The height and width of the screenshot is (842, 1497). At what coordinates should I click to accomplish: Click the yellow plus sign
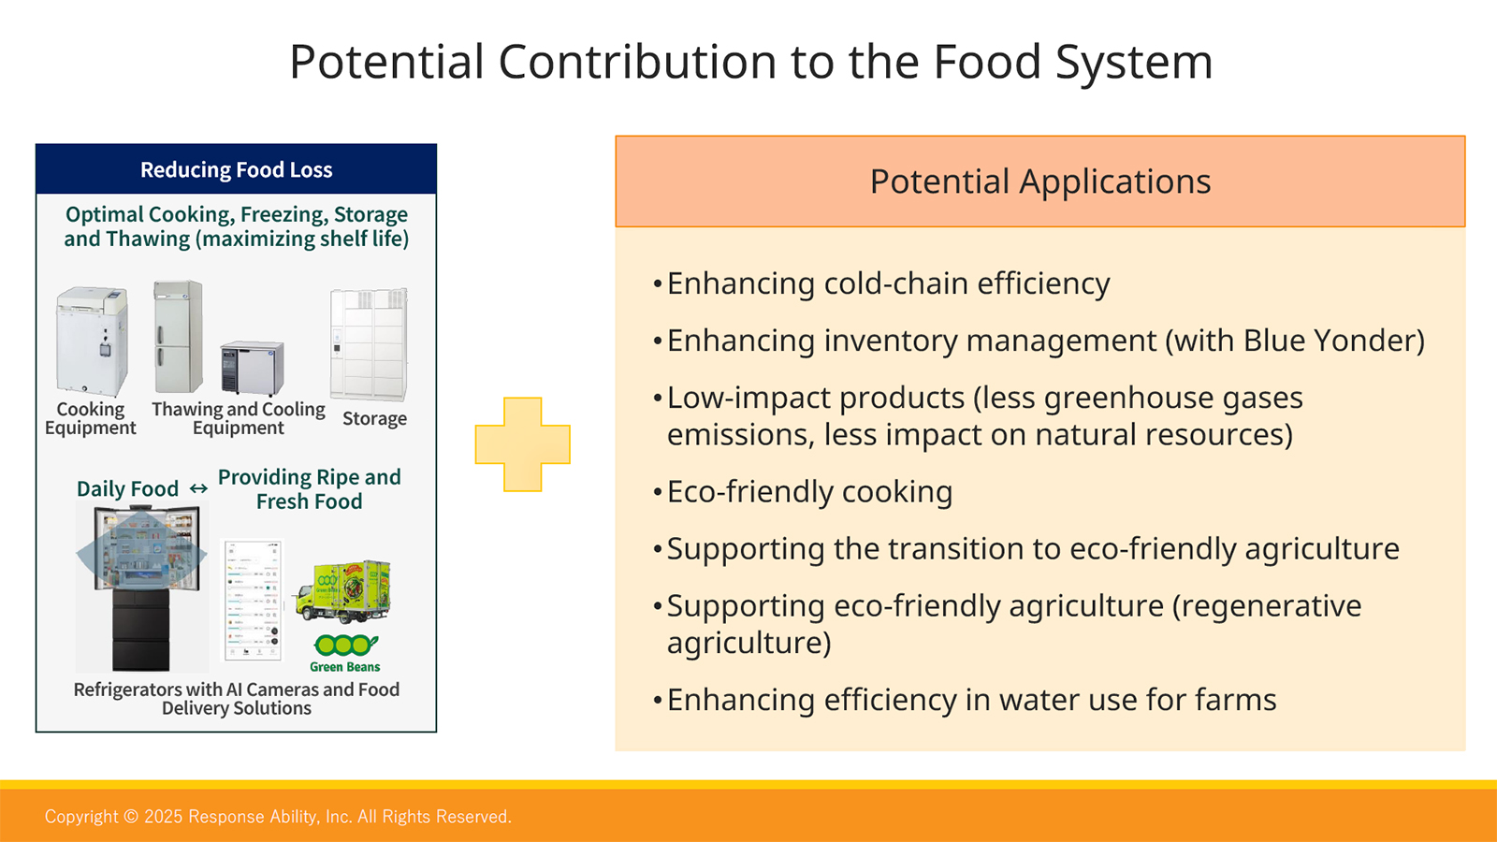click(x=523, y=444)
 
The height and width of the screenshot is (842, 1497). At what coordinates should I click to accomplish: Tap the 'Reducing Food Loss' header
click(x=236, y=169)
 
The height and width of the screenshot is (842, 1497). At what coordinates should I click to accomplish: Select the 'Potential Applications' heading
click(x=1039, y=181)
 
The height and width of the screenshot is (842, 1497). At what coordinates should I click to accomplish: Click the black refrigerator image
click(x=141, y=587)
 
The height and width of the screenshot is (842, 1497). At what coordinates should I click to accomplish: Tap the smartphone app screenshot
click(x=252, y=600)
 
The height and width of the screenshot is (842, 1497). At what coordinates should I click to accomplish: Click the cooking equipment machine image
click(x=92, y=341)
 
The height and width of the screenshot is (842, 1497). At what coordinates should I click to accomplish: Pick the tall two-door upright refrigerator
click(x=178, y=337)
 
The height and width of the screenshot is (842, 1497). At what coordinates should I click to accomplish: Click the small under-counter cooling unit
click(x=252, y=369)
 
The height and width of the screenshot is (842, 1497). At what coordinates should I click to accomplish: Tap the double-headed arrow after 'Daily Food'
click(x=198, y=489)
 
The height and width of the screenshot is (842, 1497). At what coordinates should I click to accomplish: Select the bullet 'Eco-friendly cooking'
click(x=803, y=492)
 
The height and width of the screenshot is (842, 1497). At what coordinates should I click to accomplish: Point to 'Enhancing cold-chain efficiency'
click(x=881, y=283)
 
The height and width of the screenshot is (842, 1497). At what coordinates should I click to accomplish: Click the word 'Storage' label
click(x=374, y=418)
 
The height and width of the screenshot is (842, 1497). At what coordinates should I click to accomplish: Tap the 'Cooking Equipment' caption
click(x=90, y=418)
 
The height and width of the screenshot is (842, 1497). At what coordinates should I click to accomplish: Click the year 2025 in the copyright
click(x=163, y=817)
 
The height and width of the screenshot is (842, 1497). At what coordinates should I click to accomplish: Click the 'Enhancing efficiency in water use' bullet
click(x=965, y=700)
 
